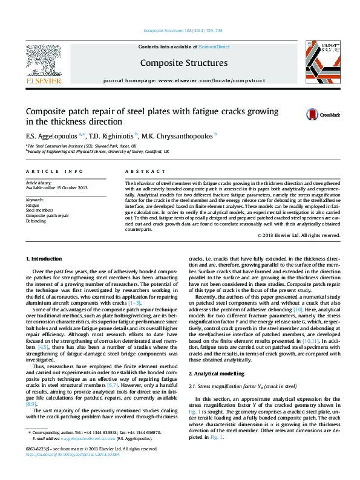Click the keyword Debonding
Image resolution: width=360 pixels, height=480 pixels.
pos(36,221)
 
